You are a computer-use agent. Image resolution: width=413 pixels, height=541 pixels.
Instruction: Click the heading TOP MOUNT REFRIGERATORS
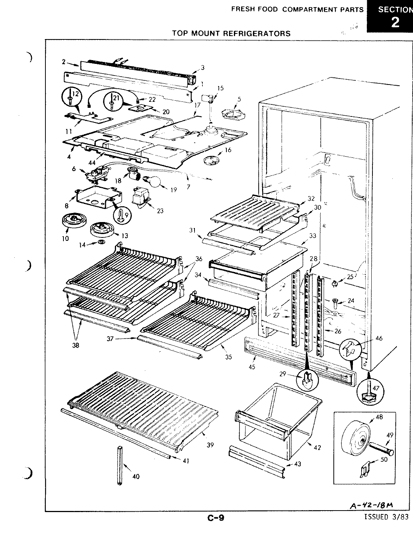coord(231,33)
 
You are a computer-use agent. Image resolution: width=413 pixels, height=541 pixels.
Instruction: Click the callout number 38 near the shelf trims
coord(75,345)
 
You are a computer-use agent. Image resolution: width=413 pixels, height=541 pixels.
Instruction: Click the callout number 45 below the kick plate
coord(252,367)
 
